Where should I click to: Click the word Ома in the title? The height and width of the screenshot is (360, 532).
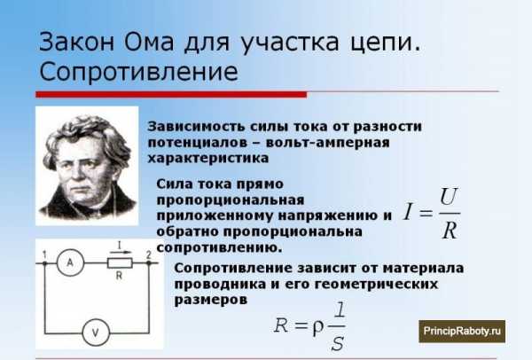(x=149, y=42)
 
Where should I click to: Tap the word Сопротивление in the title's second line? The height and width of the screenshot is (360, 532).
(x=138, y=72)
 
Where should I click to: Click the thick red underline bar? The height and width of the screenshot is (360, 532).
(x=171, y=94)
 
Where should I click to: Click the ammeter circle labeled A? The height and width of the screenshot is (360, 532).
(x=70, y=262)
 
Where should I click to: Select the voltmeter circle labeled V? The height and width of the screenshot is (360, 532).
(x=96, y=333)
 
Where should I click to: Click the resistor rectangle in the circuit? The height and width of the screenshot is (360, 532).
(x=120, y=263)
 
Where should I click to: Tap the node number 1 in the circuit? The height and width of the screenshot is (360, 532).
(x=44, y=254)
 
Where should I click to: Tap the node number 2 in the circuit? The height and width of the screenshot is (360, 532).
(x=148, y=254)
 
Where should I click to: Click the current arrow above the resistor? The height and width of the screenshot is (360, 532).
(x=121, y=252)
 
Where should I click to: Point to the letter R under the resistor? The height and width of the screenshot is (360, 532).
(x=119, y=276)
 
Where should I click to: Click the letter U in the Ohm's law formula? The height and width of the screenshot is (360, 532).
(x=449, y=197)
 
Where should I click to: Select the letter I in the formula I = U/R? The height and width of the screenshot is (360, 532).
(x=409, y=212)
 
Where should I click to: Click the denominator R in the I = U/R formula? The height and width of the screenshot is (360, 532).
(x=450, y=231)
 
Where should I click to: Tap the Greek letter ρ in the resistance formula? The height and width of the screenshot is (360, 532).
(x=318, y=327)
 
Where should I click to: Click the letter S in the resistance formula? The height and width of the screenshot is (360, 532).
(x=337, y=343)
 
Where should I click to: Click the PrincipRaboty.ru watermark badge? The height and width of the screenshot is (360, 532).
(x=462, y=331)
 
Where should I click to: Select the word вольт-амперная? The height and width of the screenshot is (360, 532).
(x=328, y=143)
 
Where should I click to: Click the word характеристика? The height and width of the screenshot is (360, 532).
(x=208, y=159)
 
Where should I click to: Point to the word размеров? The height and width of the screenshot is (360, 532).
(x=210, y=300)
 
